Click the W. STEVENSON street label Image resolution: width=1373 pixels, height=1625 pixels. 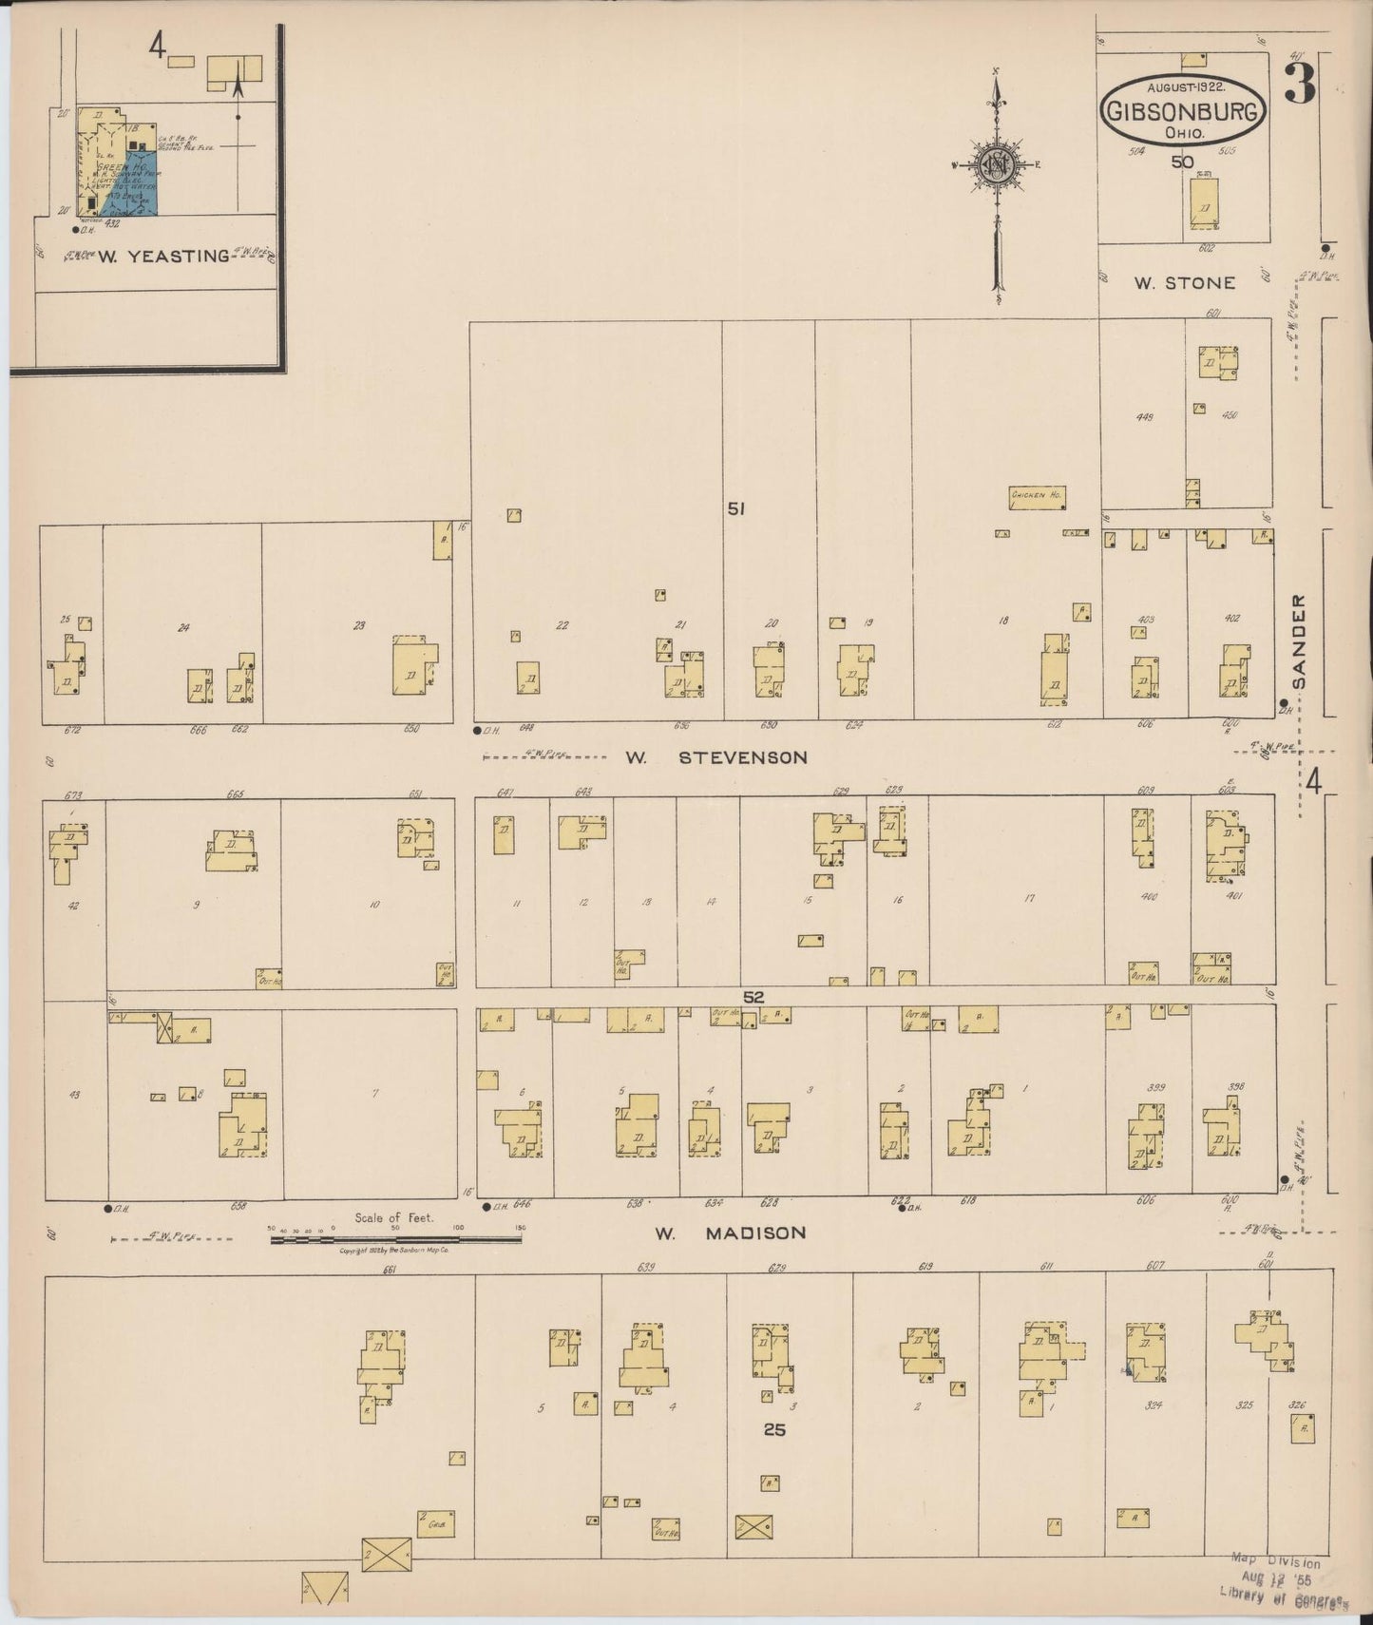coord(715,757)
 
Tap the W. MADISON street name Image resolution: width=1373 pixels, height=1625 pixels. coord(731,1233)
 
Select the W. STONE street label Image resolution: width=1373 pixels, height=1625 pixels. coord(1184,282)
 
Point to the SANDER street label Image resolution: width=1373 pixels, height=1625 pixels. coord(1300,641)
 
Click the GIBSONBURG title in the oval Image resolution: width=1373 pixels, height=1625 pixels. coord(1184,112)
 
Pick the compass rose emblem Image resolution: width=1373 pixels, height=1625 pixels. coord(997,164)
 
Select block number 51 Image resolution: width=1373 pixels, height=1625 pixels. coord(735,509)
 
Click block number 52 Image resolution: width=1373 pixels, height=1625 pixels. coord(753,997)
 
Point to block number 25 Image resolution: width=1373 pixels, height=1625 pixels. coord(774,1428)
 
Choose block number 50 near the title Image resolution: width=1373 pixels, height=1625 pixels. coord(1182,162)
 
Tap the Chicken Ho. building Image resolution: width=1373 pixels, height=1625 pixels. coord(1037,496)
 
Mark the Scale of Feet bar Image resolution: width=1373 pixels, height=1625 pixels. coord(395,1239)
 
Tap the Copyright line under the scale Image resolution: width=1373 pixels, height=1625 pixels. coord(394,1252)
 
